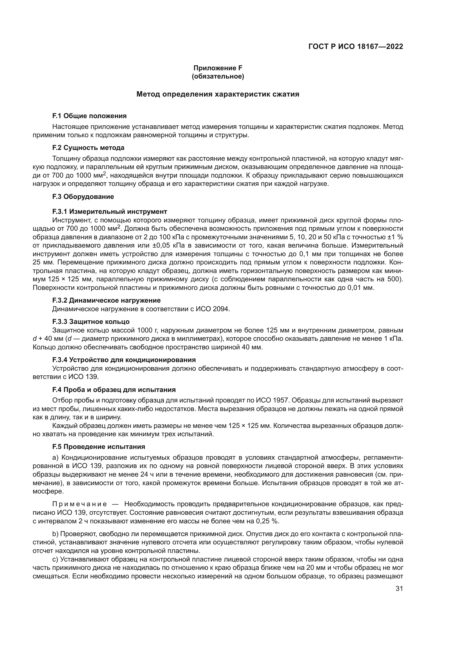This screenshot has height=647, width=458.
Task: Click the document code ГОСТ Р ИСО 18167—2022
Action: click(356, 46)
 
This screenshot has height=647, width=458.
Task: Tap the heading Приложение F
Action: click(218, 68)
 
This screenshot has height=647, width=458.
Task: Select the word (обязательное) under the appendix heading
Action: click(218, 76)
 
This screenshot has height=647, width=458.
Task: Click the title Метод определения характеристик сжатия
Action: click(218, 94)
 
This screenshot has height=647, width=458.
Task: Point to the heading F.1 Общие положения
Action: click(89, 116)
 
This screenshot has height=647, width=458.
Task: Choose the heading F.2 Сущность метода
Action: click(88, 148)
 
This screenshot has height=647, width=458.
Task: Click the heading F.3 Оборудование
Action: click(83, 197)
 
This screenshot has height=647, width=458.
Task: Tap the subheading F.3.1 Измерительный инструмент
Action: click(110, 212)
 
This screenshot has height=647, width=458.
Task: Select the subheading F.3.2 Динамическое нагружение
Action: click(106, 300)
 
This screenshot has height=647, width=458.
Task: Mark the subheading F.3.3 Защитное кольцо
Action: click(91, 321)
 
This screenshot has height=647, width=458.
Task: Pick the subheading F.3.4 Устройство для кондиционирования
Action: click(124, 360)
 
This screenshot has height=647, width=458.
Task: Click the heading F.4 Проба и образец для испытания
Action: click(114, 390)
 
